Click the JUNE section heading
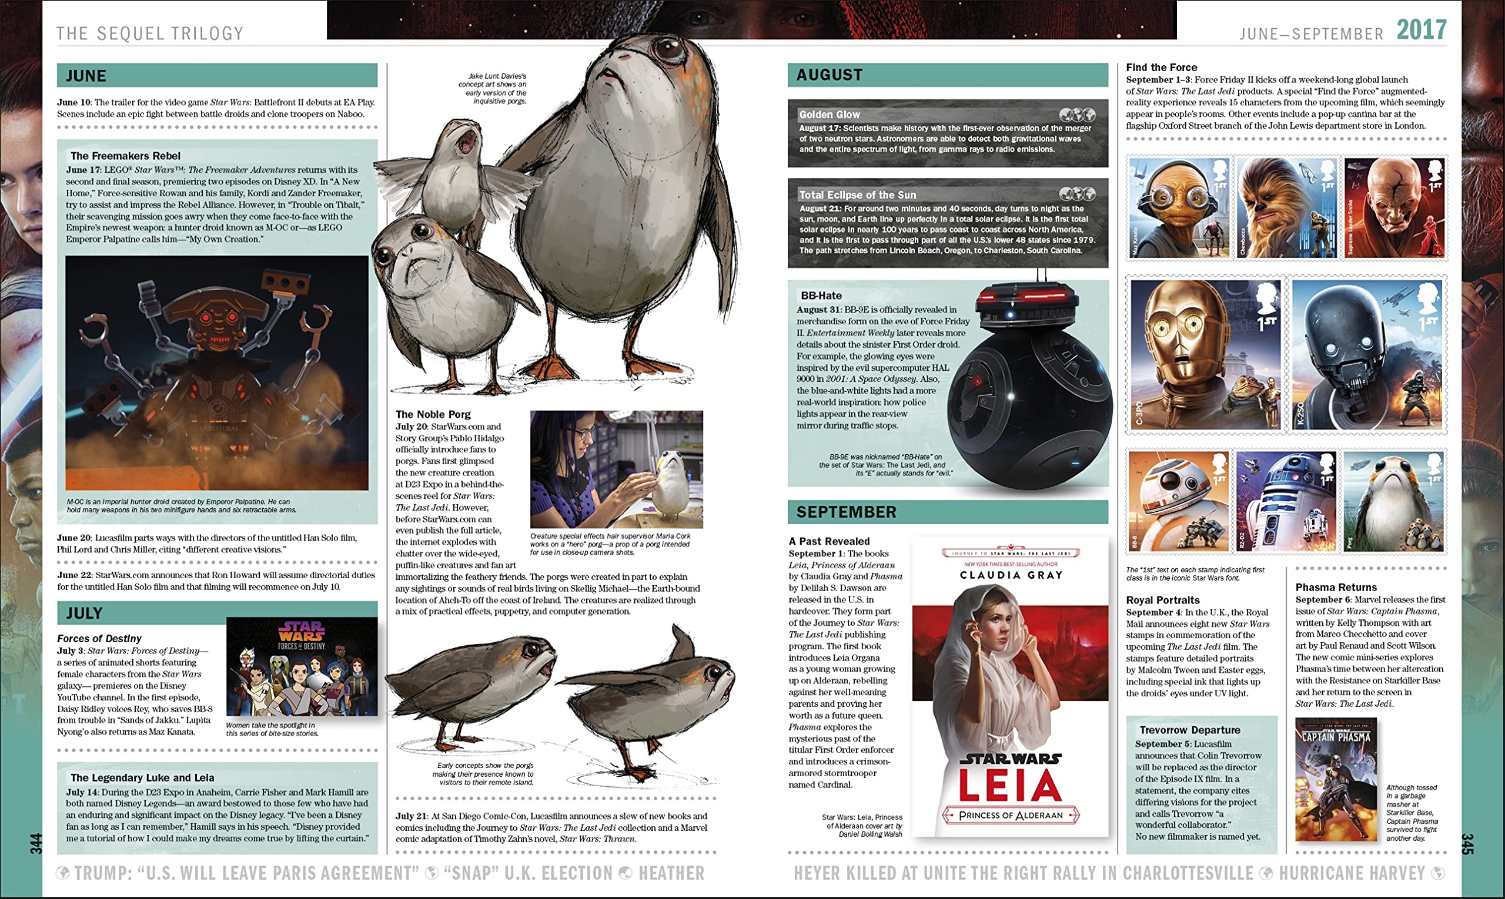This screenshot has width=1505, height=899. point(86,76)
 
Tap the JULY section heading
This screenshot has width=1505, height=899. point(84,613)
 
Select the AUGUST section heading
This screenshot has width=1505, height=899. point(829,75)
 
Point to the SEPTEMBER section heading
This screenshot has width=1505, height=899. point(846,512)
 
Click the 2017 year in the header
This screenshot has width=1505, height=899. point(1422,30)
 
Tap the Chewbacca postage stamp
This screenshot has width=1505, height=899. point(1286,207)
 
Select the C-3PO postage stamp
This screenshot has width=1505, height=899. point(1205,355)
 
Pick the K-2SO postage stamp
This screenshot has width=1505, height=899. point(1368,355)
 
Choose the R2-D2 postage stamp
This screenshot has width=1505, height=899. point(1286,501)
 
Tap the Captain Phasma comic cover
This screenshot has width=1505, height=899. point(1336,780)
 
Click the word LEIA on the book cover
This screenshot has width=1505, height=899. point(1010,785)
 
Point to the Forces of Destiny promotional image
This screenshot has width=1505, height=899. point(301,666)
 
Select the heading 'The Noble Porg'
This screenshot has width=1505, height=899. point(433,414)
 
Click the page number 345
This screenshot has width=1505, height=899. point(1467,844)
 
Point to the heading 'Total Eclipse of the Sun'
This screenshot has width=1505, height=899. point(857,195)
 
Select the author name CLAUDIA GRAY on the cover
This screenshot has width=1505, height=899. point(1011,575)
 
